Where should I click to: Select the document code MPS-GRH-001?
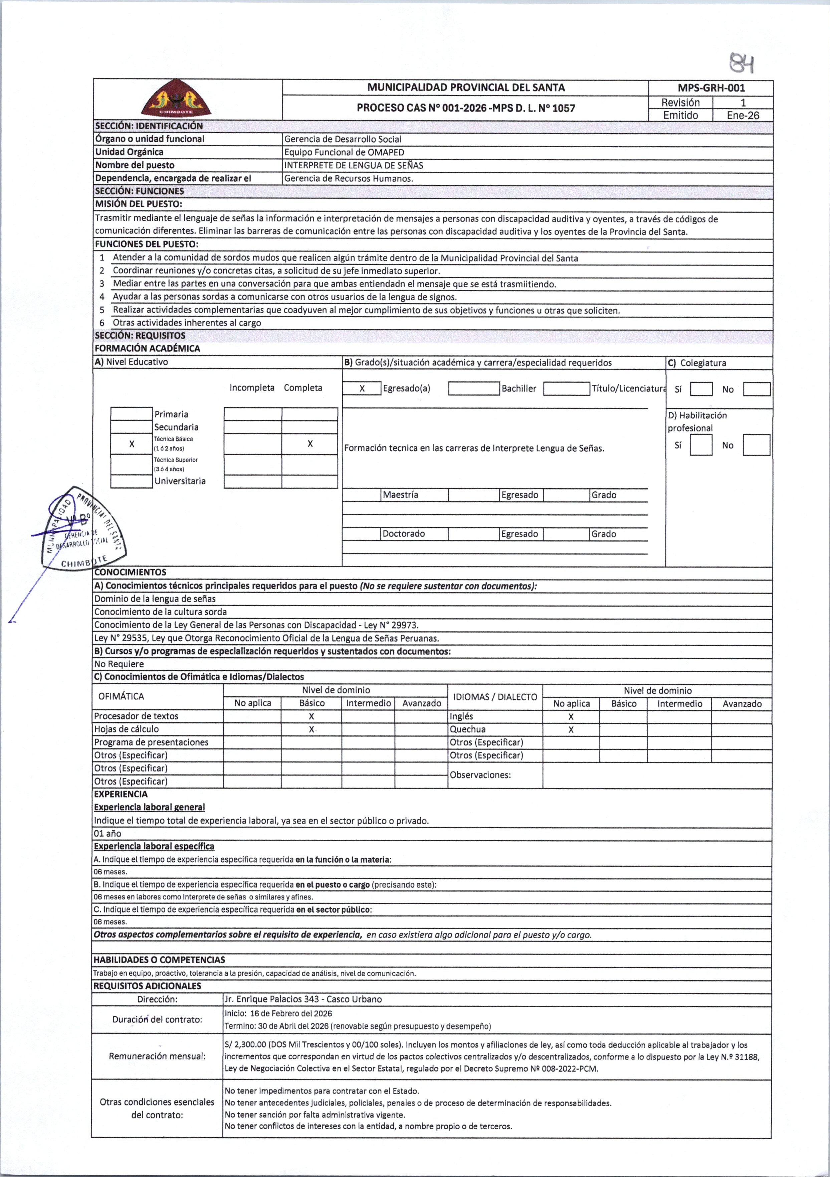(711, 88)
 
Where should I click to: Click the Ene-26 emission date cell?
(743, 115)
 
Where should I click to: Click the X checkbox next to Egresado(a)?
(362, 388)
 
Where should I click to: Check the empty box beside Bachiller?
(474, 388)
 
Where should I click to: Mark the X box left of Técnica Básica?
(132, 444)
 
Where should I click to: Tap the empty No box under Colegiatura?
(757, 389)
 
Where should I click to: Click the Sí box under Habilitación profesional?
(701, 445)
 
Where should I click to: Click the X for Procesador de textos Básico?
(312, 716)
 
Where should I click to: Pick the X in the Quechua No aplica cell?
(571, 729)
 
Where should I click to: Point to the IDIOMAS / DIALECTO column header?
(495, 697)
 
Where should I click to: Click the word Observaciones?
(480, 775)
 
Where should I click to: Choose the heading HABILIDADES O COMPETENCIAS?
(159, 960)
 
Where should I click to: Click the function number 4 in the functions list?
(102, 297)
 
